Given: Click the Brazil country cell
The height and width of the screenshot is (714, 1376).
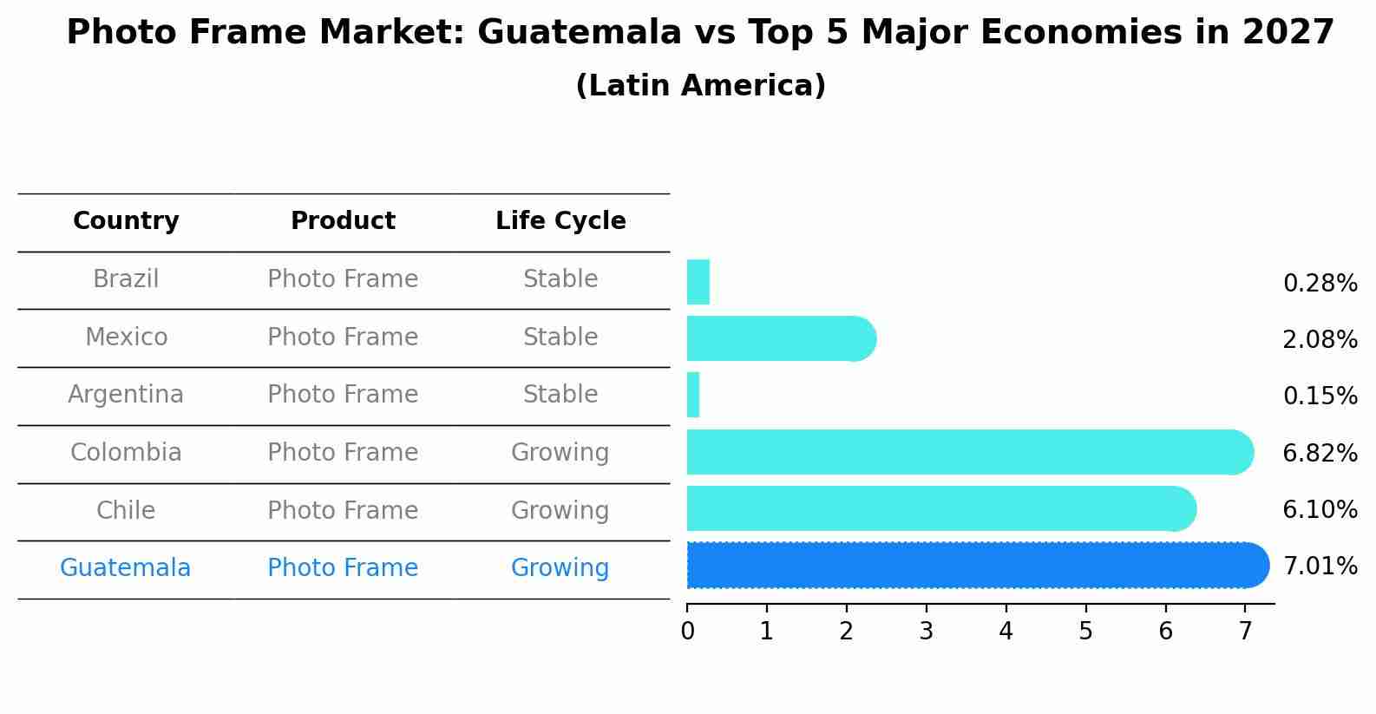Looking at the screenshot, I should pyautogui.click(x=126, y=279).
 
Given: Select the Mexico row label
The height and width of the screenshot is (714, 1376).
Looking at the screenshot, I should pyautogui.click(x=126, y=337).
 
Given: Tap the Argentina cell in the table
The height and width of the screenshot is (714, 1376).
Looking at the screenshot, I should pyautogui.click(x=126, y=395).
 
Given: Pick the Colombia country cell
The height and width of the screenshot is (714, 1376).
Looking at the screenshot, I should pyautogui.click(x=126, y=453).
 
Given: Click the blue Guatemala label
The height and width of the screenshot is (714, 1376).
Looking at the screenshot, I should pyautogui.click(x=126, y=568).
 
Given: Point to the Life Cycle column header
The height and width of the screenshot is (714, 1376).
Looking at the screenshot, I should pyautogui.click(x=560, y=221).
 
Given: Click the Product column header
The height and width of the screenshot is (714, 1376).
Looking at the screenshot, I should pyautogui.click(x=343, y=221).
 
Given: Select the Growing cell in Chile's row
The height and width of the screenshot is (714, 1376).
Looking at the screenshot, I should pyautogui.click(x=560, y=511).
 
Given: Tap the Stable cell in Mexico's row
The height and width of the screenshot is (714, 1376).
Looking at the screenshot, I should pyautogui.click(x=560, y=337).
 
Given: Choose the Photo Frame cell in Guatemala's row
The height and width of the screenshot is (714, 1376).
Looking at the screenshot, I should pyautogui.click(x=343, y=568).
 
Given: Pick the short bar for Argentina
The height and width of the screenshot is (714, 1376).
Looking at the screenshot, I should pyautogui.click(x=693, y=396).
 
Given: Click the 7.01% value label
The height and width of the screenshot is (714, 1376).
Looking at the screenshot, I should pyautogui.click(x=1320, y=567).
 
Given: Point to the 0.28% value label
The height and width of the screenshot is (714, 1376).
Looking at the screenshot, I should pyautogui.click(x=1320, y=284).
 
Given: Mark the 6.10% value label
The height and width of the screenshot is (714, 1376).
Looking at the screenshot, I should pyautogui.click(x=1320, y=510).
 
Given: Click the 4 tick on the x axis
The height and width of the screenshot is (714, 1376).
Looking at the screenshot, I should pyautogui.click(x=1006, y=632).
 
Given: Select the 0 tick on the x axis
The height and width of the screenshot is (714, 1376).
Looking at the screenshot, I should pyautogui.click(x=687, y=632).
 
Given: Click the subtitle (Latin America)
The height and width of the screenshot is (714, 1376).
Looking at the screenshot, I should pyautogui.click(x=700, y=86).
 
